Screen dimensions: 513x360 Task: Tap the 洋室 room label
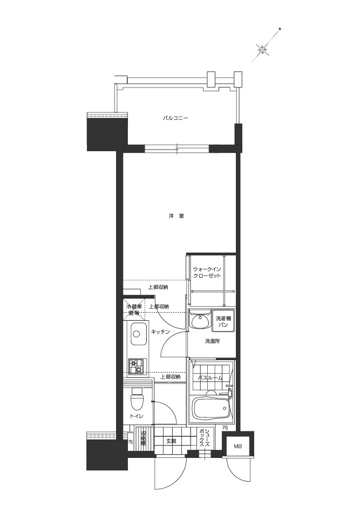(176, 216)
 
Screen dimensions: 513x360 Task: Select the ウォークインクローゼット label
(207, 272)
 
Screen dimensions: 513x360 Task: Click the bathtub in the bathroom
(212, 409)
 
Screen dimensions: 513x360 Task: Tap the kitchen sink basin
(138, 334)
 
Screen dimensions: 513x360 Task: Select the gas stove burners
(137, 367)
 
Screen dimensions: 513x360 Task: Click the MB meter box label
(237, 447)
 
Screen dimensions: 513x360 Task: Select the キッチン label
(161, 331)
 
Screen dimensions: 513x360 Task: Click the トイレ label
(136, 416)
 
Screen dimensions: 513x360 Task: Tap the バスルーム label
(210, 377)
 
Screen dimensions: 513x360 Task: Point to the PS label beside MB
(225, 428)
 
